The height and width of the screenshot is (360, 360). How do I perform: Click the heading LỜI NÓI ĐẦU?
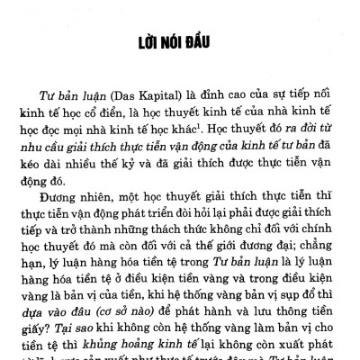coord(180,44)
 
